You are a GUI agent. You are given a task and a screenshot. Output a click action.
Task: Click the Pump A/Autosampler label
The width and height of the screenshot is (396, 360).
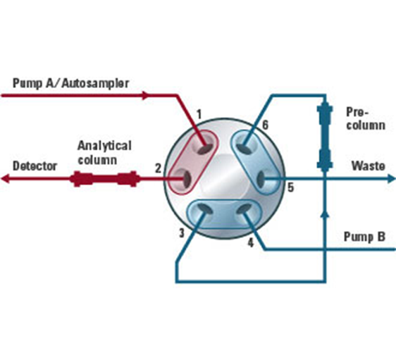70,83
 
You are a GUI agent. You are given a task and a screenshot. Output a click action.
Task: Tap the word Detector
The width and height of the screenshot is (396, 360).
35,166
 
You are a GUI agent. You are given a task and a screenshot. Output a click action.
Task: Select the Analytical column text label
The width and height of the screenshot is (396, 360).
104,153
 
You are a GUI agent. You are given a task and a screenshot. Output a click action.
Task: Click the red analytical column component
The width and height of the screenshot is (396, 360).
104,179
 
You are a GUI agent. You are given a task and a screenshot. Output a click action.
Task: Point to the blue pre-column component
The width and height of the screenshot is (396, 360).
325,136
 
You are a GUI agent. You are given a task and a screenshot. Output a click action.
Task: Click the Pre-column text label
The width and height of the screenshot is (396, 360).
366,118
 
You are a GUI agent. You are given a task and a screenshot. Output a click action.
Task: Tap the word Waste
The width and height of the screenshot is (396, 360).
369,166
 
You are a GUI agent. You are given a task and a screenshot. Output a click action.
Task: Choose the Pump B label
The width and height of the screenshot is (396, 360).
364,237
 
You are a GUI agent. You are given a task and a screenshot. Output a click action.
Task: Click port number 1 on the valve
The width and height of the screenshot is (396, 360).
199,114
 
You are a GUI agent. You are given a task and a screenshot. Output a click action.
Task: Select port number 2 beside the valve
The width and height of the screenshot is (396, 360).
158,168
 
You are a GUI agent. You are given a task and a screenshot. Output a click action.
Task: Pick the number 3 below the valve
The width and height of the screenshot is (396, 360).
182,233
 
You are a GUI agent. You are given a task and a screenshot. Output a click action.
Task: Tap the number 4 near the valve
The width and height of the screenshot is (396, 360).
250,243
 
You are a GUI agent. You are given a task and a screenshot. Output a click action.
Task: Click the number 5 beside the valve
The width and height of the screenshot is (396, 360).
291,187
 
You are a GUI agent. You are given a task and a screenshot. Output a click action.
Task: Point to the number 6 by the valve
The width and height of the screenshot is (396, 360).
265,125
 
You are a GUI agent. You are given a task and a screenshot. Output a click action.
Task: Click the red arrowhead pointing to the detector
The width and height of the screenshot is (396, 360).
5,179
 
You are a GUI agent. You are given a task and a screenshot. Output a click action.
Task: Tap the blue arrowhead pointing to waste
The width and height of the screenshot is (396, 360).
391,179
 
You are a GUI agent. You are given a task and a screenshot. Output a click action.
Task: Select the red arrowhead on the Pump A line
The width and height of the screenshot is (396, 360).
146,95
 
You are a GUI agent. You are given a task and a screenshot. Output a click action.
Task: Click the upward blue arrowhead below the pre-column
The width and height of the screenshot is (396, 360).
325,214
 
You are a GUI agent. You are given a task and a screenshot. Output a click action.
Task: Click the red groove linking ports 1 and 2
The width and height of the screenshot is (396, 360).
193,162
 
